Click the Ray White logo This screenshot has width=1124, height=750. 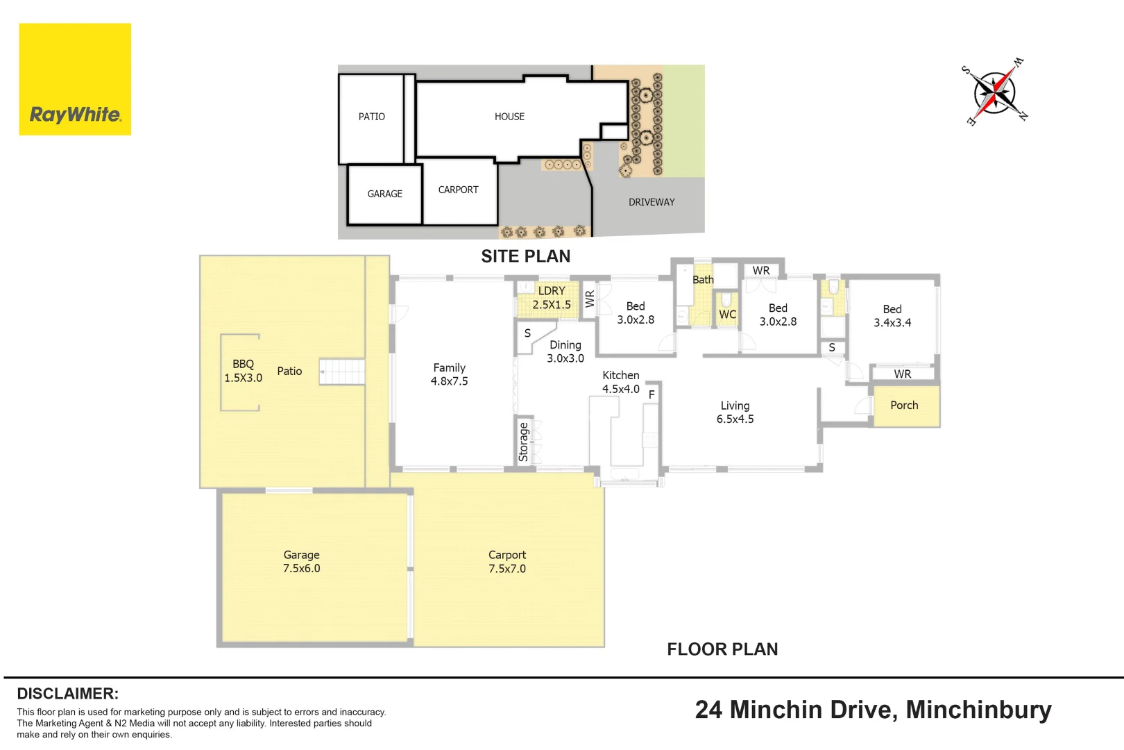pos(75,79)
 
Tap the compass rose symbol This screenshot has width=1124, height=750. pos(994,92)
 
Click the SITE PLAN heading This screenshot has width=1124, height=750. pos(526,256)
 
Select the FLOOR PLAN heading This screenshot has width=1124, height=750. pos(722,649)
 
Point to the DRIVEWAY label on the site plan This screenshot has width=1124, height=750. pos(652,202)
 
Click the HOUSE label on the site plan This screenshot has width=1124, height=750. pos(509,117)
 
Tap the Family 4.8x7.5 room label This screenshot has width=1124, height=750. pos(449,374)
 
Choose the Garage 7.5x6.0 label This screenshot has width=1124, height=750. pos(301,562)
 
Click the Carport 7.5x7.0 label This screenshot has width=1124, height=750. pos(506,562)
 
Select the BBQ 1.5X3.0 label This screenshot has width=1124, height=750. pos(243,371)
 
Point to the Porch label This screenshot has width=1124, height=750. pos(904,405)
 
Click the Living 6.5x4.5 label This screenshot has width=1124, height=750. pos(735,412)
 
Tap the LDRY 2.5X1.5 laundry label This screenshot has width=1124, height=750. pos(552,297)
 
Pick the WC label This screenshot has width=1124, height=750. pos(727,315)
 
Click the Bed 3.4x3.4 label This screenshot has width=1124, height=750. pos(892,315)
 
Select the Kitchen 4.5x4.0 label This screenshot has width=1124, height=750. pos(621,382)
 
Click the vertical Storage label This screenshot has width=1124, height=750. pos(523,442)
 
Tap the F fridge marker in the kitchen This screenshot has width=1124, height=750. pos(652,395)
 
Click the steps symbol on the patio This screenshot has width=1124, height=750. pos(342,372)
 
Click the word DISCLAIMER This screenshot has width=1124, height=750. pos(68,694)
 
